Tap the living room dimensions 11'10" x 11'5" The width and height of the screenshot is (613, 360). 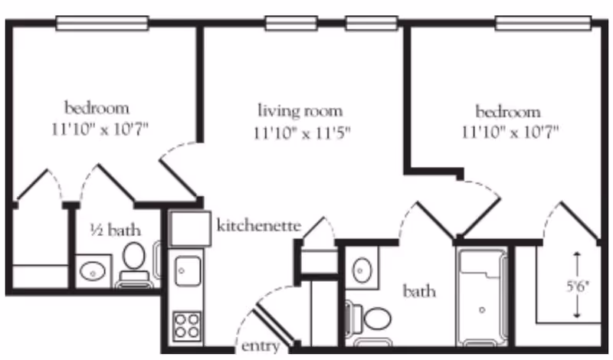(x=302, y=133)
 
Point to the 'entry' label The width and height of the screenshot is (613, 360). (x=260, y=346)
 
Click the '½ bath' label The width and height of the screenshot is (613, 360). (x=115, y=229)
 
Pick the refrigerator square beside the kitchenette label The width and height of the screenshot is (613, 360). (x=188, y=229)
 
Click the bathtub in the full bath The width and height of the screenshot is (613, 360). (x=482, y=296)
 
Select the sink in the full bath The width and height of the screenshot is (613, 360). (x=362, y=270)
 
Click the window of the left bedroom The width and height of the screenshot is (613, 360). (x=102, y=24)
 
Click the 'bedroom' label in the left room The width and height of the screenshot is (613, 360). (x=97, y=106)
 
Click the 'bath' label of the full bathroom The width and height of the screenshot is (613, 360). (x=420, y=291)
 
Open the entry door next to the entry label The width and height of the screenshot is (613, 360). (x=272, y=322)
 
